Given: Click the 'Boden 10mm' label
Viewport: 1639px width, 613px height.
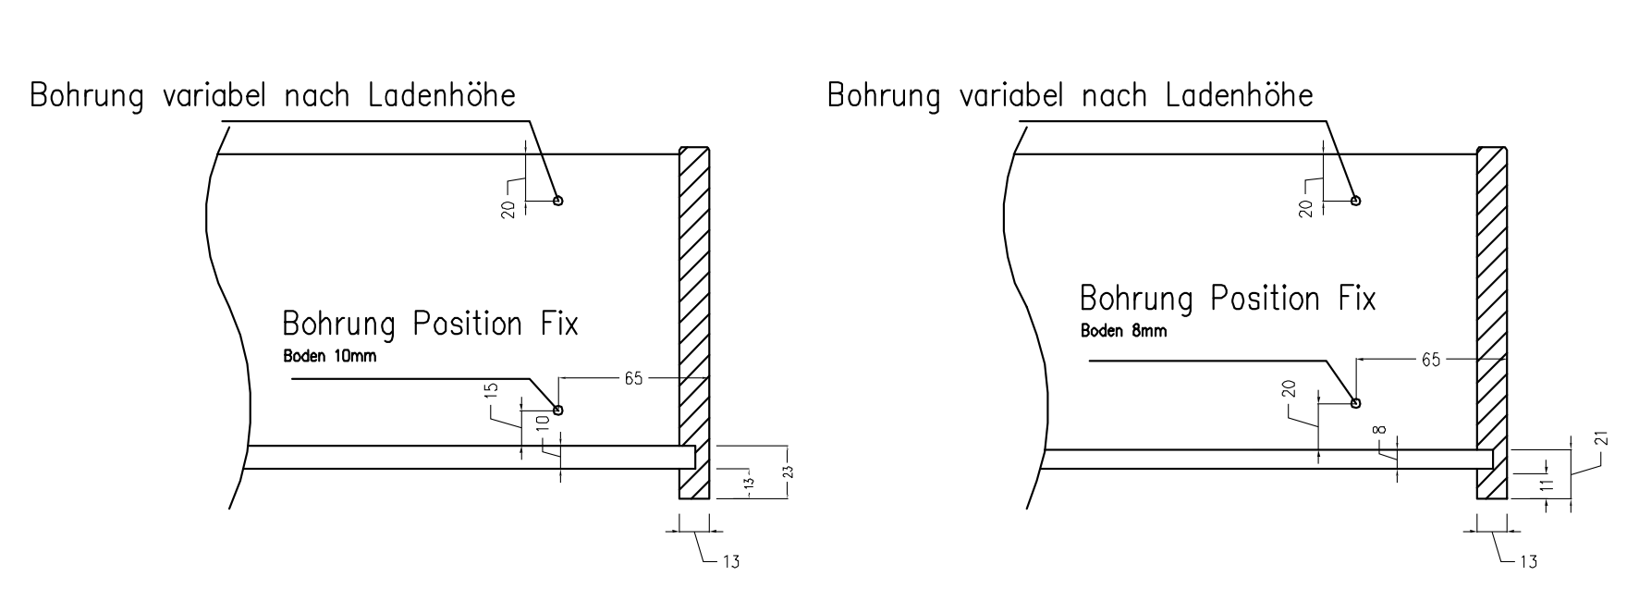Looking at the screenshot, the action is pyautogui.click(x=329, y=356).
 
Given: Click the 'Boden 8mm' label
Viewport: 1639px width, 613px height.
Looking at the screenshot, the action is pyautogui.click(x=1123, y=331).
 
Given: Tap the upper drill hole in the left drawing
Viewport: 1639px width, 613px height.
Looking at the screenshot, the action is pyautogui.click(x=557, y=201).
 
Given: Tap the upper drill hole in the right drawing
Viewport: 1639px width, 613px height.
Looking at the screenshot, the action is pyautogui.click(x=1355, y=201).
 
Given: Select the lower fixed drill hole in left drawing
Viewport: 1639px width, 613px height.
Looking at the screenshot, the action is pyautogui.click(x=557, y=410).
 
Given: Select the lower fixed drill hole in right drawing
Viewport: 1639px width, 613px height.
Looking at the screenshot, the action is pyautogui.click(x=1355, y=402).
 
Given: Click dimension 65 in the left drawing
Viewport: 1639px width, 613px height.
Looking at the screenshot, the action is pyautogui.click(x=634, y=378).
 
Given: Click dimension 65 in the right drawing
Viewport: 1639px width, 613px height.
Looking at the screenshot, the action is pyautogui.click(x=1430, y=360).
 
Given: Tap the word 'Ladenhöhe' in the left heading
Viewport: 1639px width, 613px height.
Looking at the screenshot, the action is pyautogui.click(x=443, y=95).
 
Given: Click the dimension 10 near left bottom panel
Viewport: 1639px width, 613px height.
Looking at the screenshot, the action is pyautogui.click(x=544, y=423).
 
